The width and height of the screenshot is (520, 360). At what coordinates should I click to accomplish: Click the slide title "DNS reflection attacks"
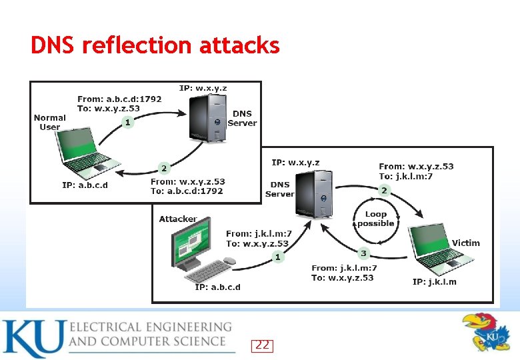155,45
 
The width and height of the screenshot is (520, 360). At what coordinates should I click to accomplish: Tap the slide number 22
263,345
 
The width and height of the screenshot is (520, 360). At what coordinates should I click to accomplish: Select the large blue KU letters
33,339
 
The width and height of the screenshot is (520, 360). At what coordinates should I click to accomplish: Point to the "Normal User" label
50,122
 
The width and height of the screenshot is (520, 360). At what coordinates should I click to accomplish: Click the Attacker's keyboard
207,270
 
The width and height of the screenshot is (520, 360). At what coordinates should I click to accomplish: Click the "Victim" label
465,243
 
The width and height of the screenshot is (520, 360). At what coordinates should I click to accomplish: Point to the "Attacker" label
178,219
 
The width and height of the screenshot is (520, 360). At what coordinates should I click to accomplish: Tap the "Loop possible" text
376,219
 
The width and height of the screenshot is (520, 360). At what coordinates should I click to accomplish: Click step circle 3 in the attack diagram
364,253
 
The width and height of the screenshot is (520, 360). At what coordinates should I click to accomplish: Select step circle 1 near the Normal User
127,123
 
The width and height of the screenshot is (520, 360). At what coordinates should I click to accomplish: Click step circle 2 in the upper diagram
162,167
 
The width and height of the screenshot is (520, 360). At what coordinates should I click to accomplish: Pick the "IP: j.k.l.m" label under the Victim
434,282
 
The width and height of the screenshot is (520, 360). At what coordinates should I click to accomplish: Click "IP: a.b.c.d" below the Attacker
217,287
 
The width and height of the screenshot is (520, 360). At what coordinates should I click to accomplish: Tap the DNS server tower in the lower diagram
314,193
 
